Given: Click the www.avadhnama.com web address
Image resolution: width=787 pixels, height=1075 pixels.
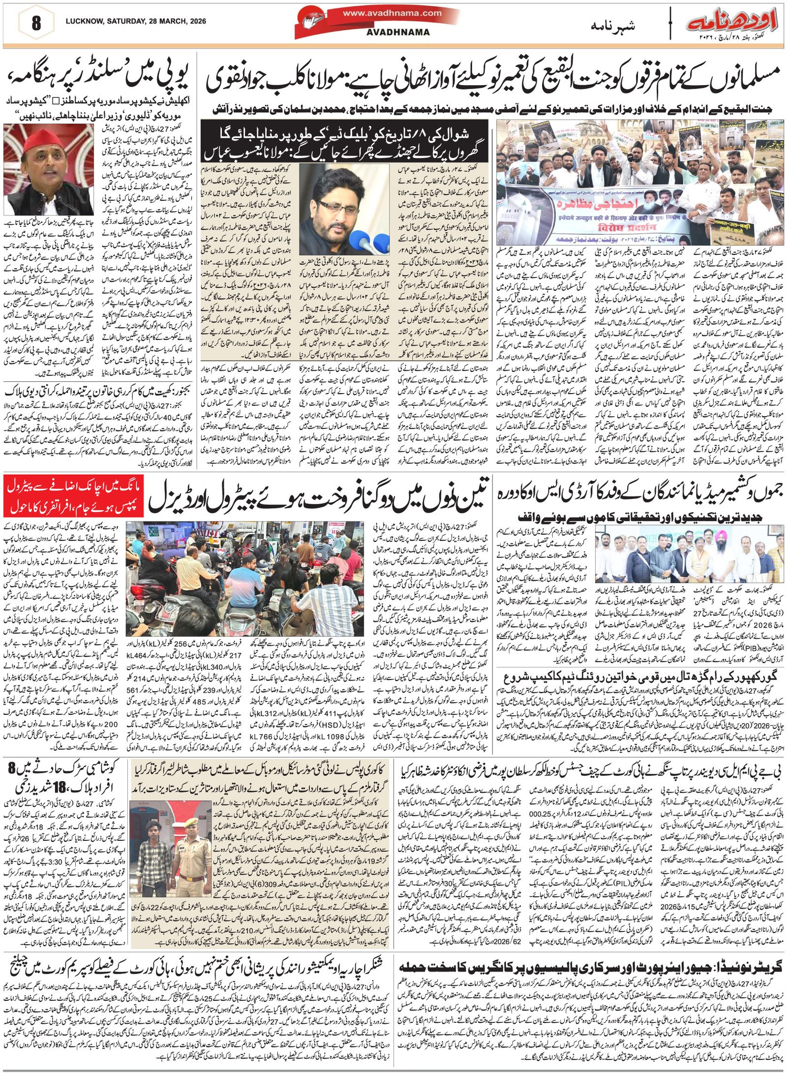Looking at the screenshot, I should [392, 13].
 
